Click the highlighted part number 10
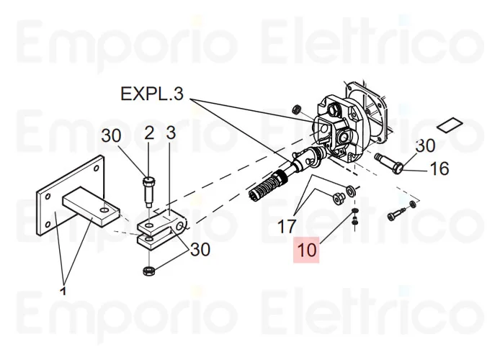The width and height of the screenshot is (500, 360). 306,251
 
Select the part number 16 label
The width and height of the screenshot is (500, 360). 439,169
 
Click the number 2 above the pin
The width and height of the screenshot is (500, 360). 149,134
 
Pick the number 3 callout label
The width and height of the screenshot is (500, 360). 170,134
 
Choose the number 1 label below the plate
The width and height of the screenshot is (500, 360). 63,291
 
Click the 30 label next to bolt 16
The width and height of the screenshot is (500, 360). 425,145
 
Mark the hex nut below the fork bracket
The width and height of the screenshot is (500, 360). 148,271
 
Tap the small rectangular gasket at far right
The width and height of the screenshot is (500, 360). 452,123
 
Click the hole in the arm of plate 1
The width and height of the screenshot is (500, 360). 105,210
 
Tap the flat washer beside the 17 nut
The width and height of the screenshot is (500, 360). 350,190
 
